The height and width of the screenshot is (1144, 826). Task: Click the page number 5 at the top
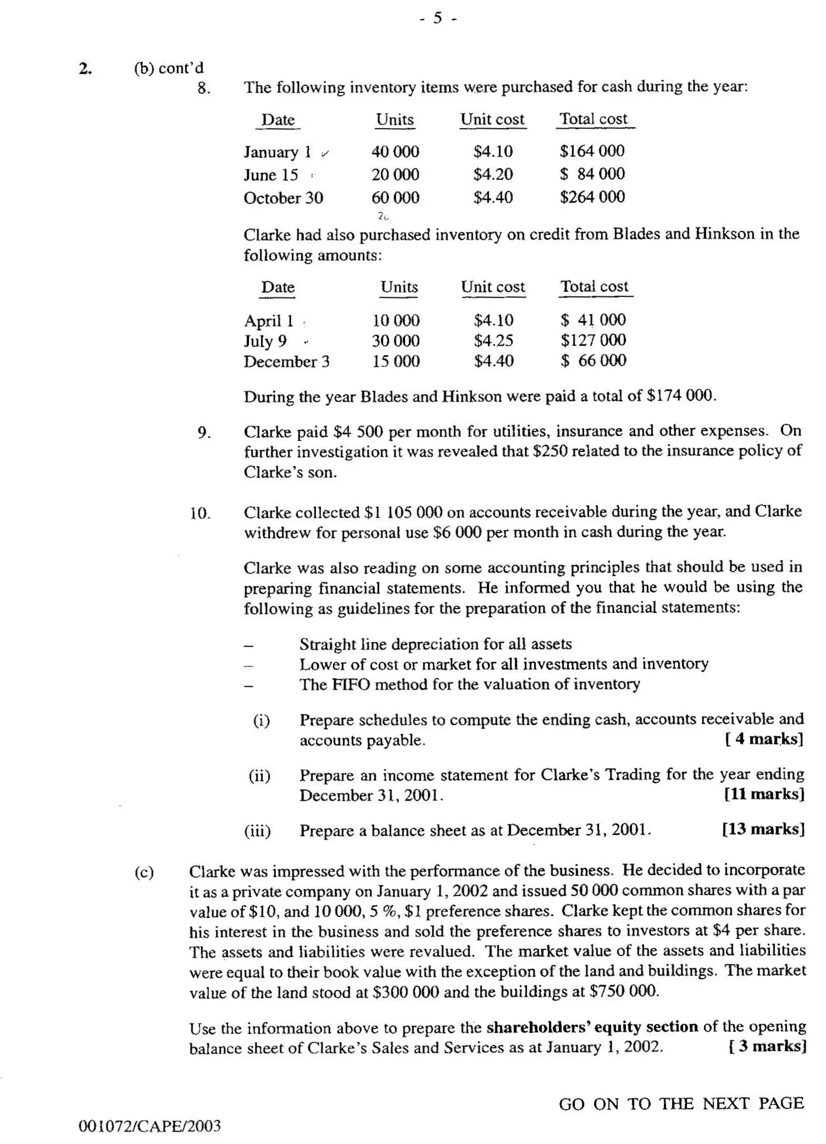click(x=437, y=19)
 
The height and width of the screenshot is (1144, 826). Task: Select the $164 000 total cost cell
click(x=592, y=151)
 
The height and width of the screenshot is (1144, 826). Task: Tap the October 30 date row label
click(x=284, y=198)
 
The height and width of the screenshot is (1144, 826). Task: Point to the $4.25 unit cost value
click(x=493, y=341)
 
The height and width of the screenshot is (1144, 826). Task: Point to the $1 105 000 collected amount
click(x=403, y=512)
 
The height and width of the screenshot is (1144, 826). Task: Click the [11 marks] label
click(x=763, y=794)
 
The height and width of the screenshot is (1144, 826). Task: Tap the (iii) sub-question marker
click(x=258, y=831)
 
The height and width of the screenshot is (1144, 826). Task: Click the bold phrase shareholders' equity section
click(x=592, y=1027)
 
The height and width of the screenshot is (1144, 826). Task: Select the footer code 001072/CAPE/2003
click(x=150, y=1126)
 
